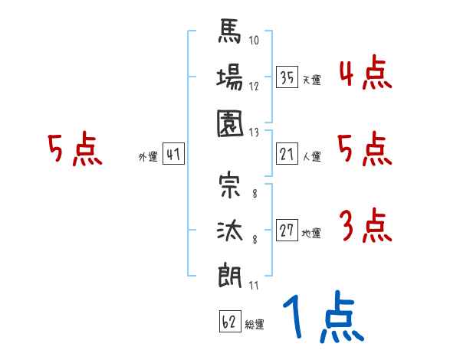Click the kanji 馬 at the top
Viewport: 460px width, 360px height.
point(229,35)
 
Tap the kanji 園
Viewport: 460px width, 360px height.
point(229,122)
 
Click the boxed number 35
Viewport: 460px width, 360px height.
point(287,77)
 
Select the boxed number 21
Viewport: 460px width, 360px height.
point(287,154)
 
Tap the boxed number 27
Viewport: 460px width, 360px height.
point(287,231)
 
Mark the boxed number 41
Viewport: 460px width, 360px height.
point(172,155)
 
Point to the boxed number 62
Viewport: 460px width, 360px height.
point(229,321)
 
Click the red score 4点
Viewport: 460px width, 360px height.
point(365,74)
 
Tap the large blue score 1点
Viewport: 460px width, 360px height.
point(323,321)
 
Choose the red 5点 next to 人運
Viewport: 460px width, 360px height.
point(365,149)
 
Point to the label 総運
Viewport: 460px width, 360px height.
point(254,325)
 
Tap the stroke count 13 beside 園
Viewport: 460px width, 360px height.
point(255,132)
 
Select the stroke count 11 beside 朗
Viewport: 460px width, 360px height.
point(253,286)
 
